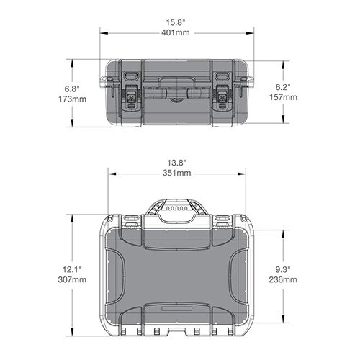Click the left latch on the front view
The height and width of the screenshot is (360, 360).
[132, 96]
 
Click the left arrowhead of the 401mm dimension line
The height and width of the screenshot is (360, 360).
[100, 32]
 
